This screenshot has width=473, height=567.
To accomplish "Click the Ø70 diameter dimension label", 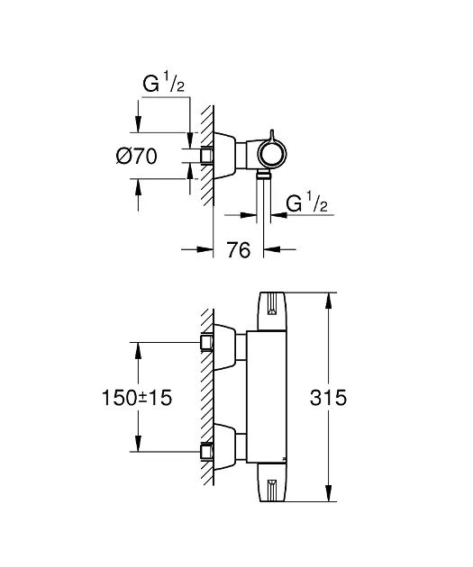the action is [136, 157].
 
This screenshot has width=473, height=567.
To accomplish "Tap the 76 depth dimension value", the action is [239, 250].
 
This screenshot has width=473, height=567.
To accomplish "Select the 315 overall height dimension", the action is [328, 398].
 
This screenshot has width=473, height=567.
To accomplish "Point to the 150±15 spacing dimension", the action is [137, 398].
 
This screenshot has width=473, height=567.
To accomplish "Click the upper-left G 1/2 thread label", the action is [164, 83].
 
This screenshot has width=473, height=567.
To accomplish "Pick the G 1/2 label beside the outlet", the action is [307, 202].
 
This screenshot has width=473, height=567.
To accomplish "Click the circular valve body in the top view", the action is [272, 153].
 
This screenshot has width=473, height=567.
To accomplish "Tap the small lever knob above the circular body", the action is [271, 134].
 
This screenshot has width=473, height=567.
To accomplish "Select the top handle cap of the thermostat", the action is [272, 311].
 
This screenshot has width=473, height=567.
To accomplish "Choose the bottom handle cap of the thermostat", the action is [272, 482].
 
